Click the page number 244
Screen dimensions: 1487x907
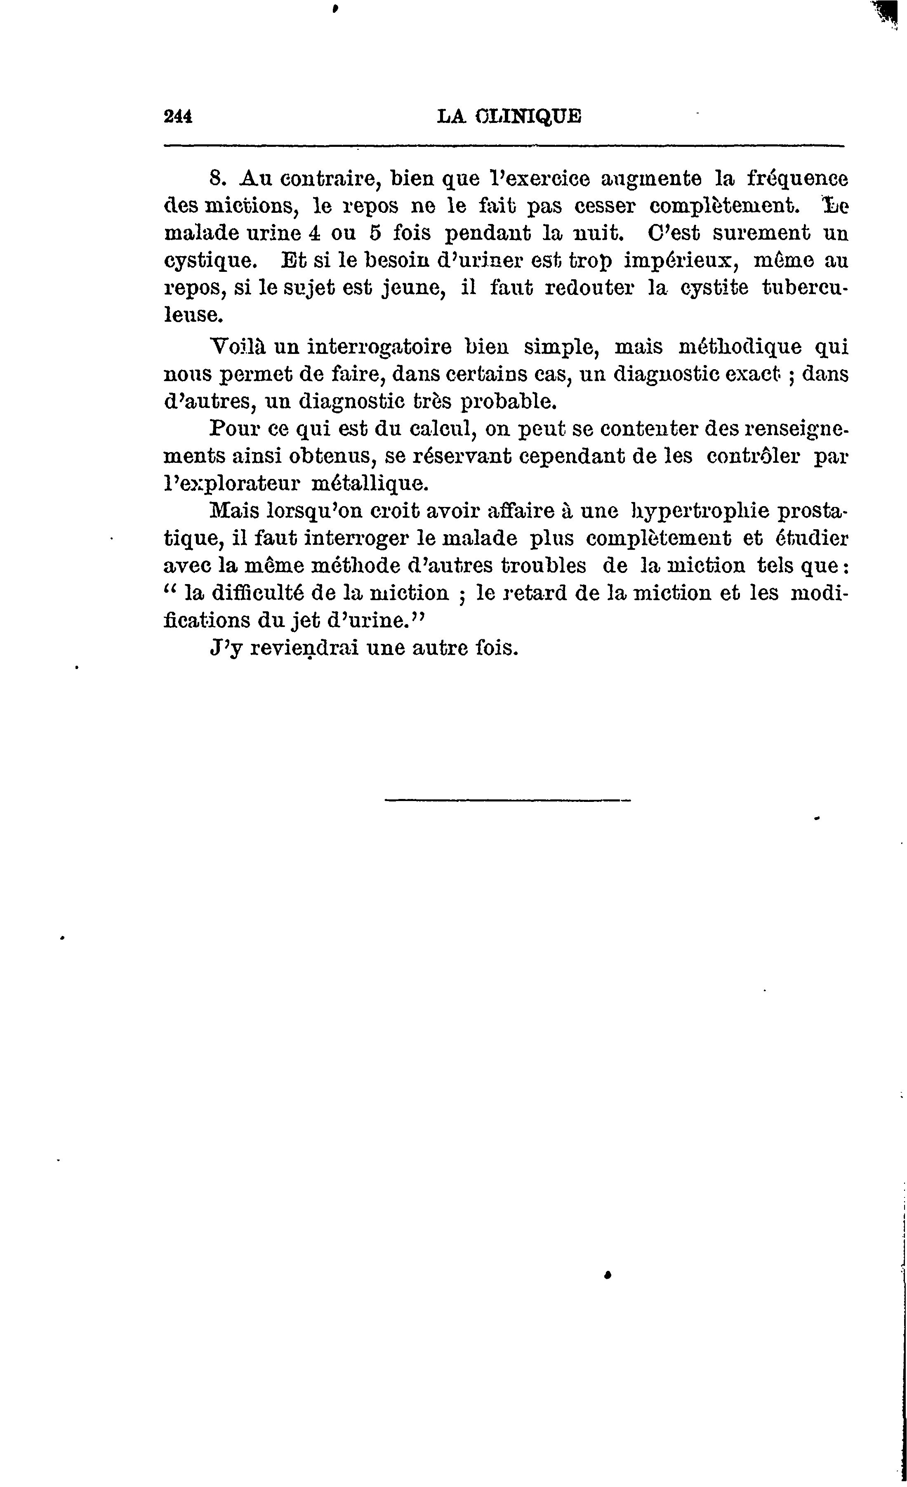[x=177, y=116]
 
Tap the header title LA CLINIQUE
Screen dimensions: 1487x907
[x=509, y=116]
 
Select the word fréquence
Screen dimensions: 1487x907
[x=797, y=179]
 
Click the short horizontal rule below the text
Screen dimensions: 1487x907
[x=507, y=801]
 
